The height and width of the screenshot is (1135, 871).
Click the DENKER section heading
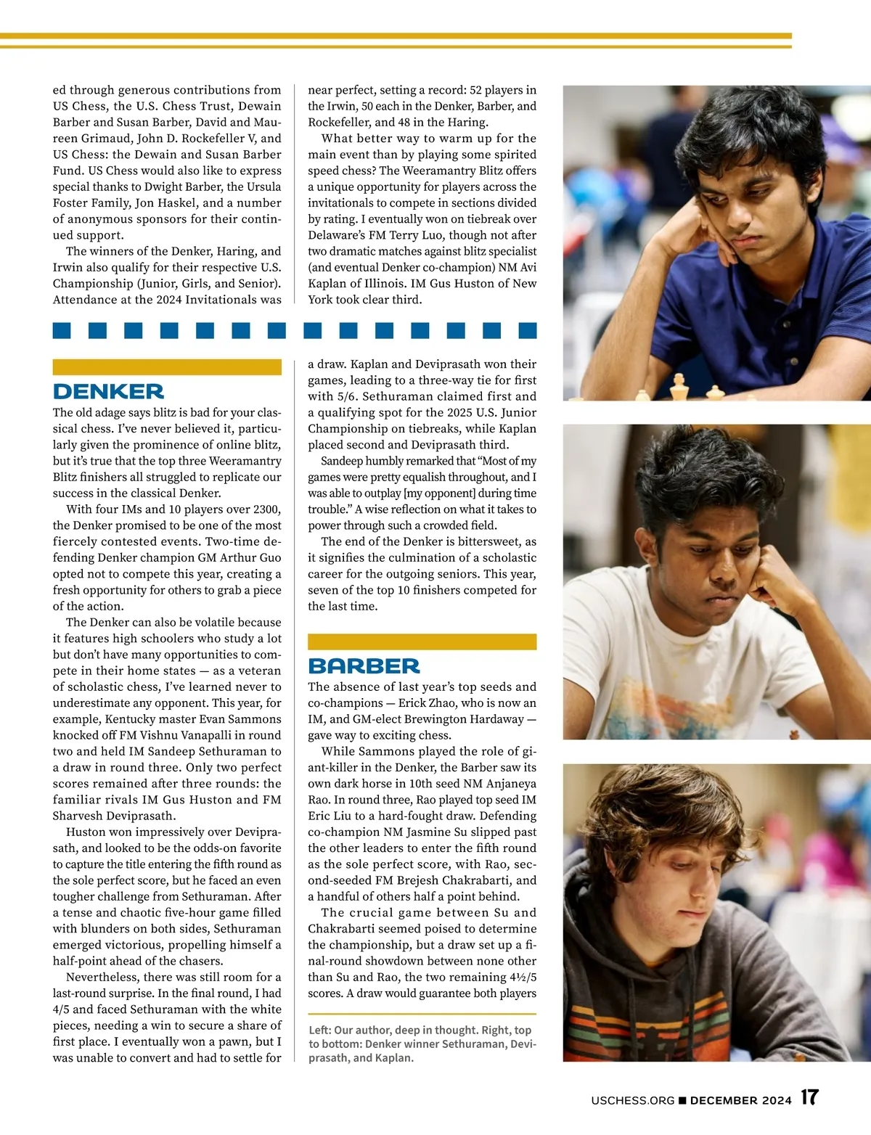pyautogui.click(x=108, y=392)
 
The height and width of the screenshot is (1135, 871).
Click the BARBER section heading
pyautogui.click(x=364, y=666)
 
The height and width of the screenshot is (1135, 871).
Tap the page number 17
pyautogui.click(x=809, y=1097)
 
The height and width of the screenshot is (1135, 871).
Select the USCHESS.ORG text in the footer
pyautogui.click(x=633, y=1100)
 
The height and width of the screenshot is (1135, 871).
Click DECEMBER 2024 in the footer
pyautogui.click(x=740, y=1100)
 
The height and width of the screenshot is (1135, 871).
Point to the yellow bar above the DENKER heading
pyautogui.click(x=167, y=367)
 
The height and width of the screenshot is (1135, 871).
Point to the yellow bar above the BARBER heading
pyautogui.click(x=422, y=642)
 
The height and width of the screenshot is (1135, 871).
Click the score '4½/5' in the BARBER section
pyautogui.click(x=499, y=978)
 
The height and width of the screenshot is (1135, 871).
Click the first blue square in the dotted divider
pyautogui.click(x=62, y=331)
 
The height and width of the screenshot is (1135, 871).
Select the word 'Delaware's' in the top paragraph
pyautogui.click(x=338, y=235)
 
